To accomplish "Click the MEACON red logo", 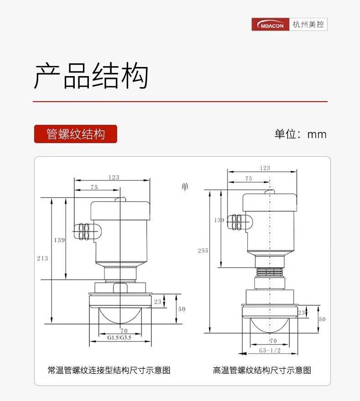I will pyautogui.click(x=271, y=25).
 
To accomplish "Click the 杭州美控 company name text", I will pyautogui.click(x=309, y=25).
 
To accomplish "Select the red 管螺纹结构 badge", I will pyautogui.click(x=76, y=134).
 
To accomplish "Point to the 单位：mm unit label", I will pyautogui.click(x=300, y=134).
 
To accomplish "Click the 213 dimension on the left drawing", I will pyautogui.click(x=42, y=258).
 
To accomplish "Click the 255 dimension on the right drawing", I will pyautogui.click(x=203, y=251).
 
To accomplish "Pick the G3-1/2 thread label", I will pyautogui.click(x=269, y=351).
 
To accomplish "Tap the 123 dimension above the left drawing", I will pyautogui.click(x=113, y=177).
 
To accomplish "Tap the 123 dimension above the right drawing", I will pyautogui.click(x=265, y=168).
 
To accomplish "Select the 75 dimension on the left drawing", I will pyautogui.click(x=94, y=187).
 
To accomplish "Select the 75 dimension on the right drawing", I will pyautogui.click(x=248, y=179).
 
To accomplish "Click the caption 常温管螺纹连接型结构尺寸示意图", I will pyautogui.click(x=109, y=370).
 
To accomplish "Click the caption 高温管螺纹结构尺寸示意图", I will pyautogui.click(x=262, y=370).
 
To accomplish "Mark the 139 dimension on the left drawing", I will pyautogui.click(x=59, y=240).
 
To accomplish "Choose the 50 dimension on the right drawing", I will pyautogui.click(x=322, y=319).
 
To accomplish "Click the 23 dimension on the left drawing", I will pyautogui.click(x=158, y=301).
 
